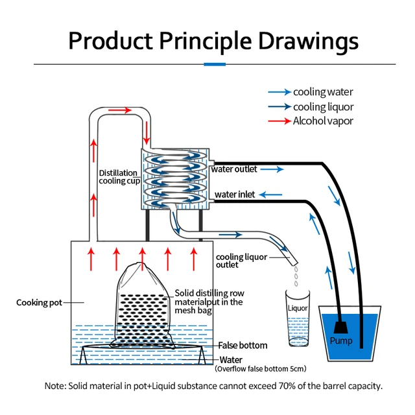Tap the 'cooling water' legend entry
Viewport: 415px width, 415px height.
[x=322, y=92]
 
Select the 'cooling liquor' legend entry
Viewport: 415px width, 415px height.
[x=322, y=106]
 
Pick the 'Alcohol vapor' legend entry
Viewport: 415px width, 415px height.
[x=322, y=121]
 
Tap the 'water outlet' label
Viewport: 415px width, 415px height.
[x=234, y=169]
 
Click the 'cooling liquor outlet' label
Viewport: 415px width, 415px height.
[x=241, y=261]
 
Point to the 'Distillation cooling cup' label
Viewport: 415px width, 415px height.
[x=118, y=177]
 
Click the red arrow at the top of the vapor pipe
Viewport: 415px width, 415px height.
[x=120, y=110]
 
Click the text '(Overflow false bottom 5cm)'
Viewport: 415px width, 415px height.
[x=260, y=369]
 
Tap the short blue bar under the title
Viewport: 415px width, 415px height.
[x=214, y=64]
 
